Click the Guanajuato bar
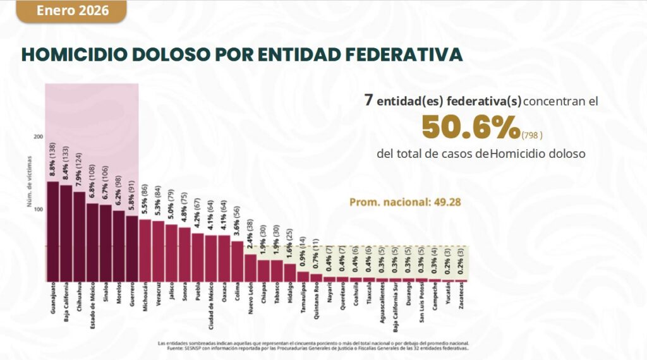tap(53, 231)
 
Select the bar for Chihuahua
tap(79, 236)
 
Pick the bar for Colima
tap(237, 261)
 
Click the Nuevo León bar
tap(250, 267)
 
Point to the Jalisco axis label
tap(171, 296)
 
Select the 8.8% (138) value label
tap(53, 161)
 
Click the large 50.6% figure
tap(471, 128)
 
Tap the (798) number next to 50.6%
tap(533, 135)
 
